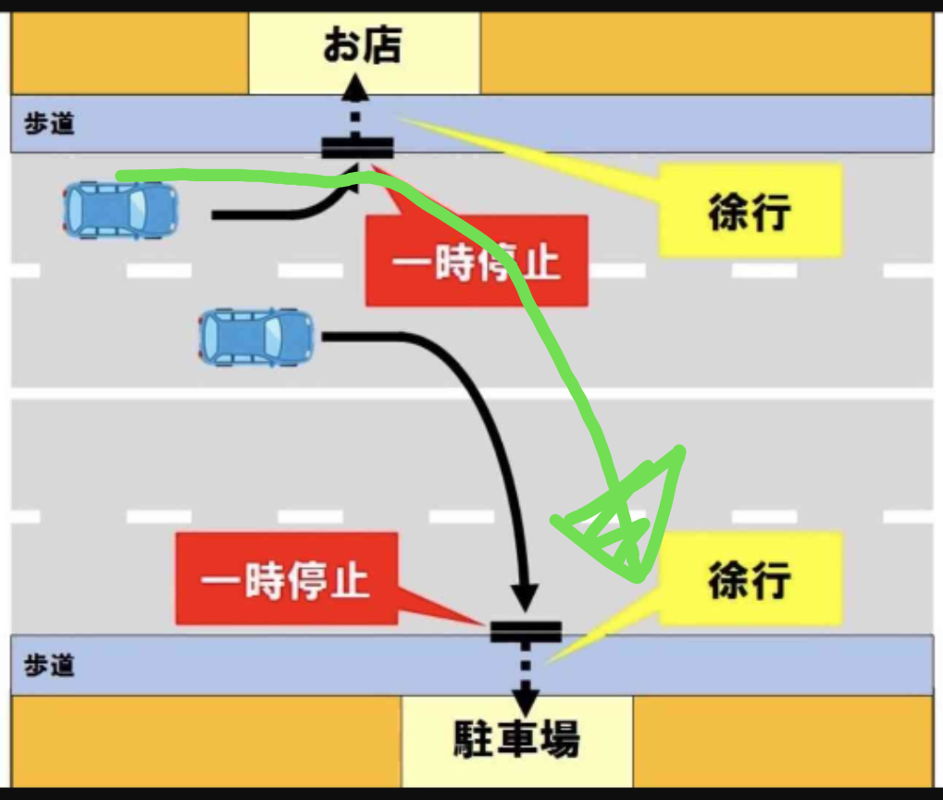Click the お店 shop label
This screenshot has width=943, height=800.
362,45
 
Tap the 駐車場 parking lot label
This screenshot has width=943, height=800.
516,738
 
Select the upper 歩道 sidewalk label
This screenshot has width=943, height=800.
49,124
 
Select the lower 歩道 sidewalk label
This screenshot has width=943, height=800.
49,665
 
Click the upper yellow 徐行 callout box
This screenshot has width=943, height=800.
751,211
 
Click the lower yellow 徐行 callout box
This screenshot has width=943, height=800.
751,579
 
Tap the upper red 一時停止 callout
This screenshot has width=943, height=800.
477,260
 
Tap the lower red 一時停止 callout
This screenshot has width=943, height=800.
286,579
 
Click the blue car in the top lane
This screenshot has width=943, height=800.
120,211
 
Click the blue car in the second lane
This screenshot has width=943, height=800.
256,337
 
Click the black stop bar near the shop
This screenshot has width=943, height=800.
357,148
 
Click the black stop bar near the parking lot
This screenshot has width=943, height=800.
526,632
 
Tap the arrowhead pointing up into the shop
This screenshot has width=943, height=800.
355,86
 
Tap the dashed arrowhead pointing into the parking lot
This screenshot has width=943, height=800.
526,701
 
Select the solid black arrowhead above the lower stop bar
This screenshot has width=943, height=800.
525,598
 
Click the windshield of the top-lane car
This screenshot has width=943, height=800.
138,211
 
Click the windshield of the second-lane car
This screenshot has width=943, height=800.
274,337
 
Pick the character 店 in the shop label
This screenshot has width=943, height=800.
383,45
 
